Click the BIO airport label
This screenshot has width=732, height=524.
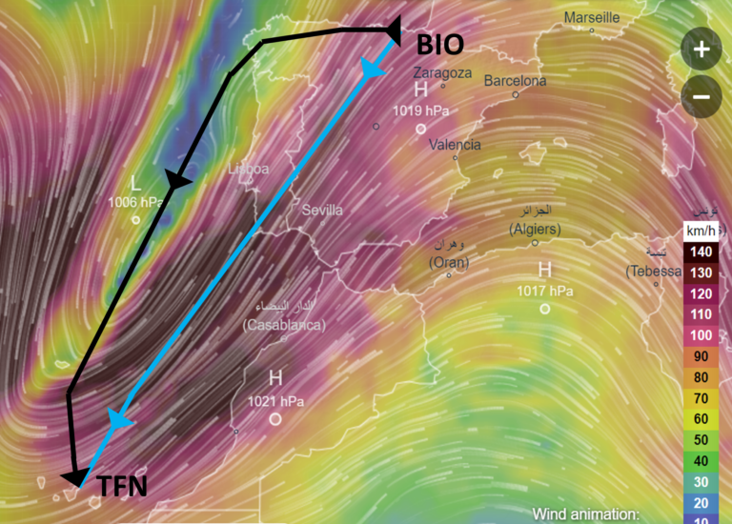click(x=440, y=45)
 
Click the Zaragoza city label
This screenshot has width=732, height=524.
click(x=442, y=72)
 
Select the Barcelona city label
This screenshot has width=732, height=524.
click(x=516, y=82)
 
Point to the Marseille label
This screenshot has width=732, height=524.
click(x=591, y=18)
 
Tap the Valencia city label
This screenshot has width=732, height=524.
click(x=455, y=145)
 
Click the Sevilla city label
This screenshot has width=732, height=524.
click(x=322, y=210)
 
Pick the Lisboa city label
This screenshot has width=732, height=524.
click(x=248, y=169)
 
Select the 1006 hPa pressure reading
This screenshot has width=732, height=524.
click(x=136, y=202)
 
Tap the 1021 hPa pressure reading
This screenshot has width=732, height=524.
click(x=275, y=401)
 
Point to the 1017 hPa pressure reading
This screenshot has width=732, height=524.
click(x=544, y=291)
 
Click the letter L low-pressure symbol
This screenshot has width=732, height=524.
click(x=135, y=182)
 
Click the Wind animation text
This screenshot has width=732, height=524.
click(x=584, y=514)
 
